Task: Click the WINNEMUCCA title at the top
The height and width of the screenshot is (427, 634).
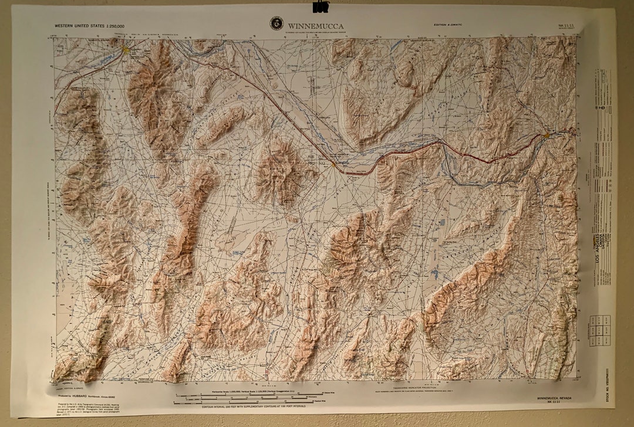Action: (x=315, y=26)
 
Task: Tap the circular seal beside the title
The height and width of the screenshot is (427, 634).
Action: (x=276, y=23)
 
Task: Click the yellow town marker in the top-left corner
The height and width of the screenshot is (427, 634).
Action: (x=126, y=50)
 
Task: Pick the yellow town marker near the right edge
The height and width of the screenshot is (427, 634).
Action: (x=547, y=135)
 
